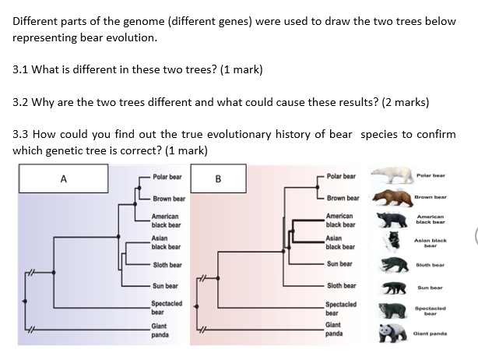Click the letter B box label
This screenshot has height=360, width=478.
[218, 178]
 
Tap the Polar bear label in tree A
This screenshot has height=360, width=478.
[167, 177]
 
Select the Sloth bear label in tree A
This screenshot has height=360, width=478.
[167, 265]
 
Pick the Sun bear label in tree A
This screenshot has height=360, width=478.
[166, 286]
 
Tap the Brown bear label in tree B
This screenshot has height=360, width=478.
[343, 198]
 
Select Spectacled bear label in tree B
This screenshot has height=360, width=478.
[341, 308]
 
